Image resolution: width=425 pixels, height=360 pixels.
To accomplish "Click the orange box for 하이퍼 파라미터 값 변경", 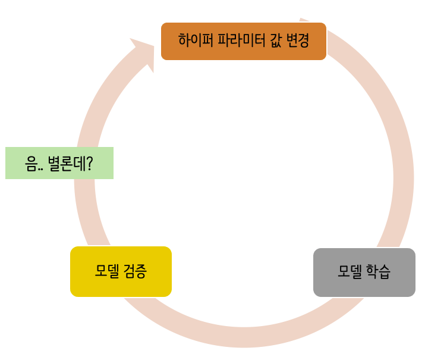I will pyautogui.click(x=244, y=41).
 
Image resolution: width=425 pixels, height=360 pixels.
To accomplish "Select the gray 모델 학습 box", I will pyautogui.click(x=364, y=272).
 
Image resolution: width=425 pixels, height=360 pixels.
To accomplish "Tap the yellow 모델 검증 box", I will pyautogui.click(x=121, y=271).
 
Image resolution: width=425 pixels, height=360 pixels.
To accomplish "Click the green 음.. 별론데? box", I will pyautogui.click(x=59, y=163).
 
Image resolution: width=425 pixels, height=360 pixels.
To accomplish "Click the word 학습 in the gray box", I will pyautogui.click(x=378, y=272).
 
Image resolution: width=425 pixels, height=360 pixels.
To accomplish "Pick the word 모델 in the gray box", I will pyautogui.click(x=350, y=272).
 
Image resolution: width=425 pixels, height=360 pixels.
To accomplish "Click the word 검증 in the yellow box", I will pyautogui.click(x=135, y=271).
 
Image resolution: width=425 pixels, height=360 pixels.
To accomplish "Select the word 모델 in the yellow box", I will pyautogui.click(x=107, y=271).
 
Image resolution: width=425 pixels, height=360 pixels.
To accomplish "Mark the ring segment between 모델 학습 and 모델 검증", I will pyautogui.click(x=244, y=337).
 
